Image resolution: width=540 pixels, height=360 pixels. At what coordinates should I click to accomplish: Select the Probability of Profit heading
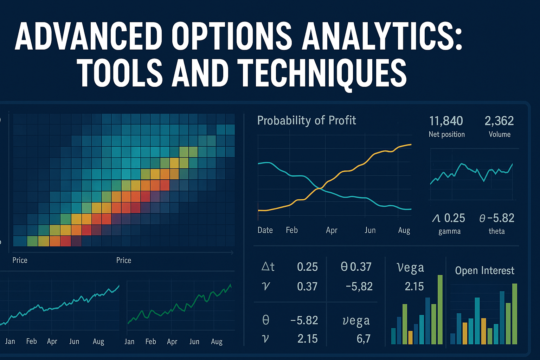[x=306, y=121]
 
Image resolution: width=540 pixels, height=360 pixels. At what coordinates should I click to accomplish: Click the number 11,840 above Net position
[x=446, y=121]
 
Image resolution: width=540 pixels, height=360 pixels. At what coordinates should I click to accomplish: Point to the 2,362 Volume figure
[x=499, y=121]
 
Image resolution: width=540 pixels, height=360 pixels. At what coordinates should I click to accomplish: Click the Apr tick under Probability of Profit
[x=331, y=230]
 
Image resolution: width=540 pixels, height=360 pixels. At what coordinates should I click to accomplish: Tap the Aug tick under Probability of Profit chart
[x=404, y=230]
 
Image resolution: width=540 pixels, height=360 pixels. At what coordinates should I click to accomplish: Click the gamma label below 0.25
[x=449, y=231]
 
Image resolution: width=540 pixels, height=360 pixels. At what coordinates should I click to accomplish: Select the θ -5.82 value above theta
[x=497, y=218]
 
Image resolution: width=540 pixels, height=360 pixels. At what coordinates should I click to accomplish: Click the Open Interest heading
[x=484, y=270]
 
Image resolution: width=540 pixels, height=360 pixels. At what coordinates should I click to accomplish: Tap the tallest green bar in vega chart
[x=440, y=309]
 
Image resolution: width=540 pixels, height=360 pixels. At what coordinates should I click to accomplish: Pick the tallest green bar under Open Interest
[x=515, y=314]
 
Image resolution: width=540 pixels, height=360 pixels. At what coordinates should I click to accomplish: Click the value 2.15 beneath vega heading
[x=414, y=287]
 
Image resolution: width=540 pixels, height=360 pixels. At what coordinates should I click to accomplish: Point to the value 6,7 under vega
[x=363, y=339]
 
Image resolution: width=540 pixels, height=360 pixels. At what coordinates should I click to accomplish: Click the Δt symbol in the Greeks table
[x=268, y=267]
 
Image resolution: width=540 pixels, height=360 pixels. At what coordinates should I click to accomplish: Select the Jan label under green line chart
[x=129, y=341]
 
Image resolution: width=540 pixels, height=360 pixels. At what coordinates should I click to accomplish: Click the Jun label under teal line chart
[x=74, y=341]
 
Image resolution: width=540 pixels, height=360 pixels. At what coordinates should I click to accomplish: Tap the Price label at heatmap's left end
[x=20, y=260]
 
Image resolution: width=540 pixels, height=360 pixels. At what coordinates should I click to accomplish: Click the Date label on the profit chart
[x=265, y=230]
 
